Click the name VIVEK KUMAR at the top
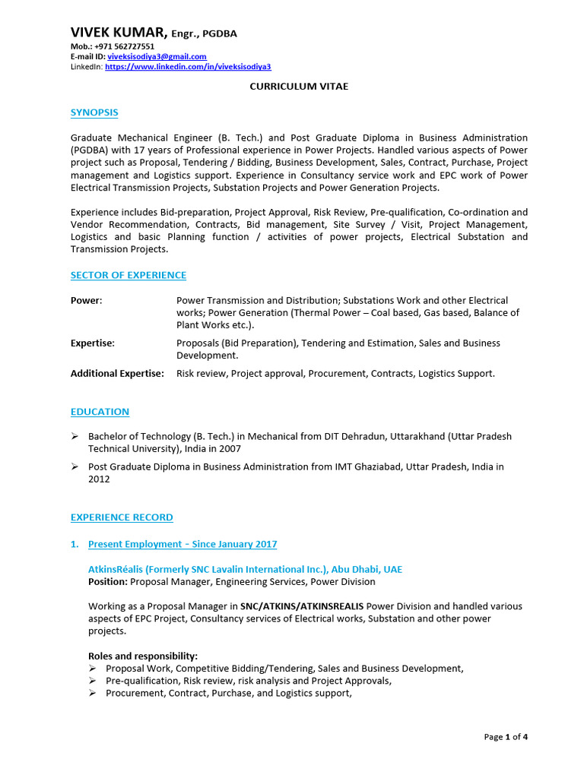[118, 32]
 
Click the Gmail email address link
[157, 57]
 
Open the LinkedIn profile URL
[187, 67]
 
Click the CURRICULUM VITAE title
[299, 87]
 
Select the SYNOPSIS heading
[94, 112]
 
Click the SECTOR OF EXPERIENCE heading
[128, 275]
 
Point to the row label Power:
[86, 301]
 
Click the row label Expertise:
[93, 343]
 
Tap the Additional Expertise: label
[117, 374]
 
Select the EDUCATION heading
[100, 412]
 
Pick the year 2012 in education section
[99, 479]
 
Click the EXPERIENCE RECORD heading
[122, 517]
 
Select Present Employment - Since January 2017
[182, 544]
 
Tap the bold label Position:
[108, 582]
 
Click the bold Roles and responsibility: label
[143, 656]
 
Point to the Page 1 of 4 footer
[506, 737]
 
